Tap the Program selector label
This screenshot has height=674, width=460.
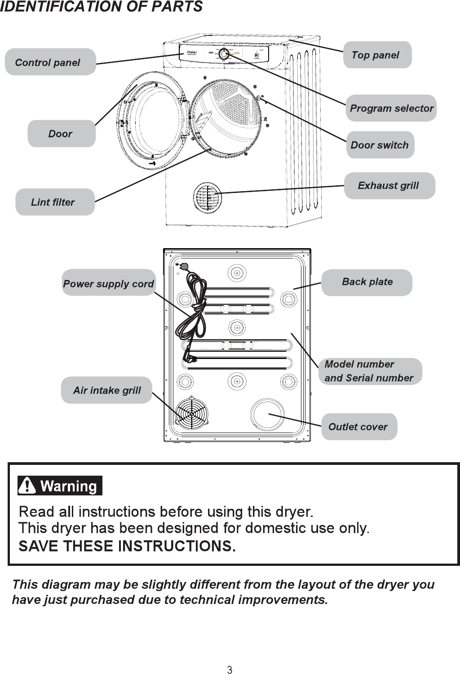point(391,108)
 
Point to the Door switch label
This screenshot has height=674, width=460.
point(380,145)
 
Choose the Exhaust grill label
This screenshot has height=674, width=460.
point(389,185)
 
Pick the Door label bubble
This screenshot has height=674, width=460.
point(61,134)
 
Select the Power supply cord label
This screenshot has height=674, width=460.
point(109,283)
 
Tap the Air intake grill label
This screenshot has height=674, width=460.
point(107,390)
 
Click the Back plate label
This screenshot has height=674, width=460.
point(367,282)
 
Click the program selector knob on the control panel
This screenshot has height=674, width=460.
point(224,54)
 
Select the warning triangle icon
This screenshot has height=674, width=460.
point(27,486)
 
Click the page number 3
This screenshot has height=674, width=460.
point(230,670)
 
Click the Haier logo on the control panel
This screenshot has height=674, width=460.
point(192,52)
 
